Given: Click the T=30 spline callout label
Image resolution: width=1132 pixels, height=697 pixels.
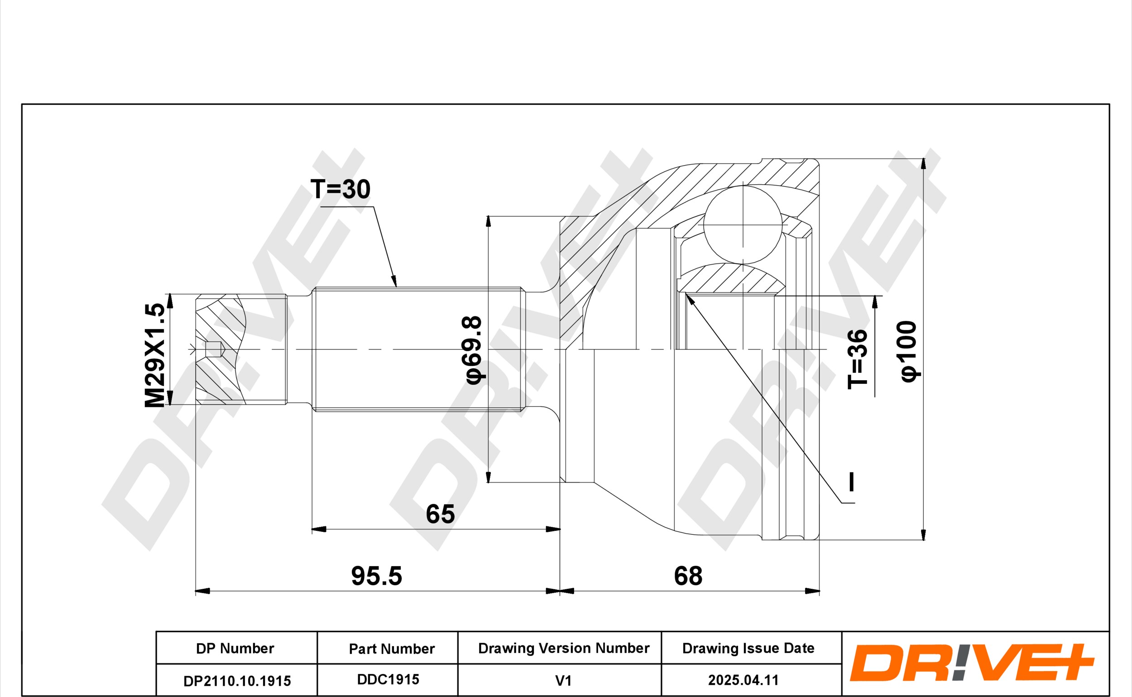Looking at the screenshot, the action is pyautogui.click(x=341, y=189).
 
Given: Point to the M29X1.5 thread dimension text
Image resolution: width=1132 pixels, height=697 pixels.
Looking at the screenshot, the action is pyautogui.click(x=155, y=355).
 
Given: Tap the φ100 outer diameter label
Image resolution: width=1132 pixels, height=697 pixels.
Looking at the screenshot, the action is pyautogui.click(x=909, y=351).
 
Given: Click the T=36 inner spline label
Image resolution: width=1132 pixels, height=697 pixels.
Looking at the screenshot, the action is pyautogui.click(x=857, y=359).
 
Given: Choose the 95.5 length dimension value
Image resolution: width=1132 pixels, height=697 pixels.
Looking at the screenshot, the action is pyautogui.click(x=376, y=576).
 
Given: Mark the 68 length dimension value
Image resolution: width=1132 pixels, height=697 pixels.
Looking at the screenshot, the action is pyautogui.click(x=688, y=576).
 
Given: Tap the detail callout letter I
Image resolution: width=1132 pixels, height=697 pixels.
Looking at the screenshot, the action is pyautogui.click(x=852, y=482).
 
